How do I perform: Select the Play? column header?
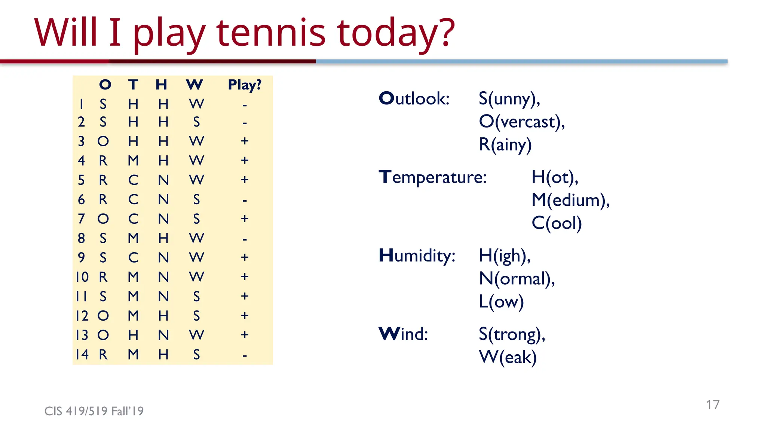(245, 85)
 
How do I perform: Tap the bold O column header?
(105, 85)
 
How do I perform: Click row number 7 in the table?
(81, 218)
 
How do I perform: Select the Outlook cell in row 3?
(103, 141)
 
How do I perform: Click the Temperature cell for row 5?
(133, 180)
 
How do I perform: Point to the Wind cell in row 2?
(196, 122)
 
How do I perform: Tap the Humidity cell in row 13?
(163, 335)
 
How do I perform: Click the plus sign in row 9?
(245, 257)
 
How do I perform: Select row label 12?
(82, 316)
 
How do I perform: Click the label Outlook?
(414, 99)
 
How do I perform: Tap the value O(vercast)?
(522, 122)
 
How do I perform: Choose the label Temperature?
(432, 177)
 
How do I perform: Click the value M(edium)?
(570, 200)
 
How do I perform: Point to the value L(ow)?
(501, 302)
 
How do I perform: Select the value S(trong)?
(512, 334)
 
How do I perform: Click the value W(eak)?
(508, 357)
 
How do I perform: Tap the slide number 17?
(713, 405)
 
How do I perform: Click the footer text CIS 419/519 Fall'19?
(94, 411)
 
